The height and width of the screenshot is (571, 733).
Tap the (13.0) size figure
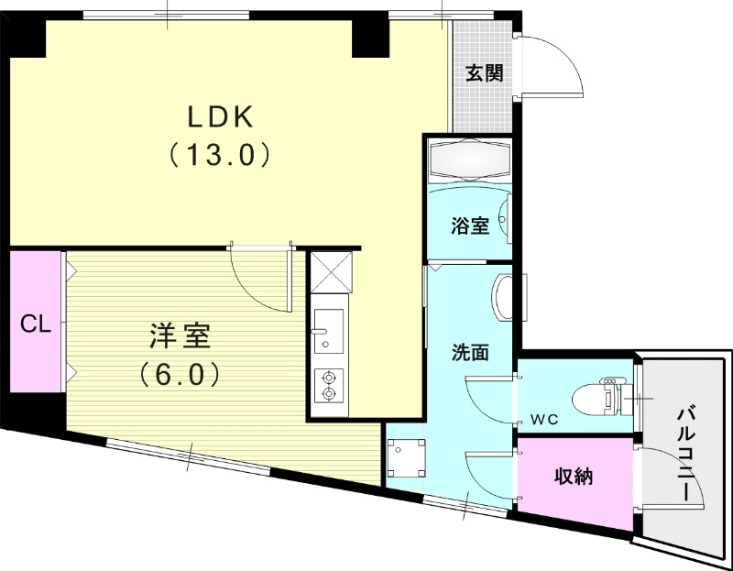220,154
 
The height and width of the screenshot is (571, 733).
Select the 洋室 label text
181,337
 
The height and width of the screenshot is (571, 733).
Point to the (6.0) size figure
180,374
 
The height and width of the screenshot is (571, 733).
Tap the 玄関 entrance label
483,73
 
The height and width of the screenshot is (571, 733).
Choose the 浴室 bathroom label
470,225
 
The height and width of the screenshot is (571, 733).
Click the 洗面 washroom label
468,351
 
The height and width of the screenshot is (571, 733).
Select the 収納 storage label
574,477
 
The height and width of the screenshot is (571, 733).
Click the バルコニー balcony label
686,454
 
